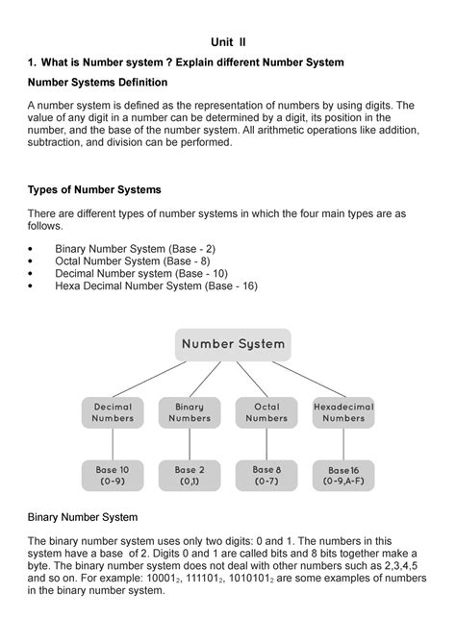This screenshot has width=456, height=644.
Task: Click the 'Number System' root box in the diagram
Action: [233, 344]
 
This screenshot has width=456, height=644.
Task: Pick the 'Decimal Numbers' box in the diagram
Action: [113, 412]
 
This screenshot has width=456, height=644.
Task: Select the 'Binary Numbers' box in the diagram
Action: [190, 412]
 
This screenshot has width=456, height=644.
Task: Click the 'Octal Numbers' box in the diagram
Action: [266, 412]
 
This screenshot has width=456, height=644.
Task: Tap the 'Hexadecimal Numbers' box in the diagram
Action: [343, 412]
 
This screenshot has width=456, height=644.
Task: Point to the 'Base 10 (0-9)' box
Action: [113, 475]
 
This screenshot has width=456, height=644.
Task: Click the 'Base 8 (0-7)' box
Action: [266, 475]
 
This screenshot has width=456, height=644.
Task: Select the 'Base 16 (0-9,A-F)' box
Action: [343, 476]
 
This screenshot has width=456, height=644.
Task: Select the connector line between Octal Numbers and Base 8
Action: [266, 444]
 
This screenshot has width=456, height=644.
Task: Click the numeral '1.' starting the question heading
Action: [31, 62]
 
